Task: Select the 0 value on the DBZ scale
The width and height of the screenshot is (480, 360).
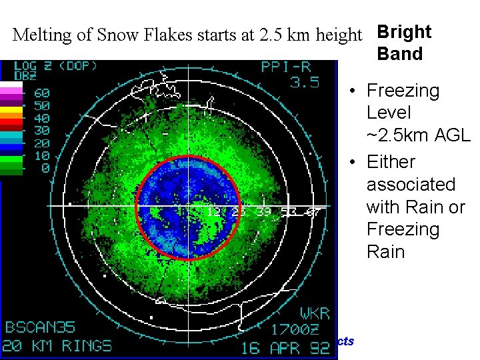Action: coord(46,168)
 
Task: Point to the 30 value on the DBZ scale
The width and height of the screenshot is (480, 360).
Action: coord(42,131)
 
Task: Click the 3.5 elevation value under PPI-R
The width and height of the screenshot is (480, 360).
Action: coord(305,83)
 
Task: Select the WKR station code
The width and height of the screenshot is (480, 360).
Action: coord(314,313)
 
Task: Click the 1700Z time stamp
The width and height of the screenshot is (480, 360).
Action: coord(300,329)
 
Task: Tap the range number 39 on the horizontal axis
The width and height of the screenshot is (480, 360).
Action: coord(265,212)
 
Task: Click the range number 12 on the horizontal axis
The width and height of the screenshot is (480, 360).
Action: coord(214,212)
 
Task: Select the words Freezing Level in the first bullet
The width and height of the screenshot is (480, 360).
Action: coord(403,101)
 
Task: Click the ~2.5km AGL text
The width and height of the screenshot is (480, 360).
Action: coord(418,135)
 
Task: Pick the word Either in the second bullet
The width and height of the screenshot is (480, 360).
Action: coord(391,162)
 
